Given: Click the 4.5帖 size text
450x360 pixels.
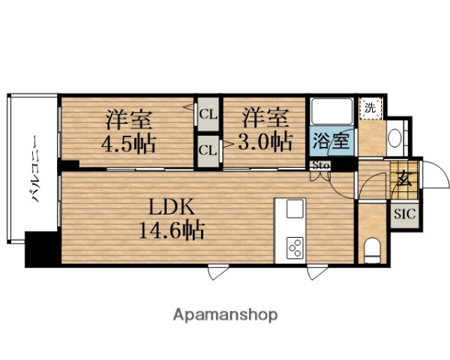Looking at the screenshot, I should coord(129,143).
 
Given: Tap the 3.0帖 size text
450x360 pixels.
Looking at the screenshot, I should coord(265,142).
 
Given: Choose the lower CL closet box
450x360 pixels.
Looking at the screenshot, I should coord(208,149).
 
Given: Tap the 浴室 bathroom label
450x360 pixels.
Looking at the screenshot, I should coord(330,141).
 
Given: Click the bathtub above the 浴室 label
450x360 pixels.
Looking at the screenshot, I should coord(330,112).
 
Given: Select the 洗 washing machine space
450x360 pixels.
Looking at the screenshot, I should coord(369,108).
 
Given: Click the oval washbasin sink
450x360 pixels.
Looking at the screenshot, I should coord(395,138).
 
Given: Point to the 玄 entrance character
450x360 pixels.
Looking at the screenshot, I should coord(403,180).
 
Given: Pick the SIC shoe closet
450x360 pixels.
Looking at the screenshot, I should coord(403,213).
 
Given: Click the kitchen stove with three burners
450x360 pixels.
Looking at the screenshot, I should coord(295,247).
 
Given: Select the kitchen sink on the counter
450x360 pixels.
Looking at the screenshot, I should coord(293,208).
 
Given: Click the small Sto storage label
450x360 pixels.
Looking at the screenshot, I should coord(321,166).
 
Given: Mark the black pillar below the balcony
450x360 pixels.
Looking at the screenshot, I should coord(42,248).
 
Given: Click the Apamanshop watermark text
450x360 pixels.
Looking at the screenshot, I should coord(224,314).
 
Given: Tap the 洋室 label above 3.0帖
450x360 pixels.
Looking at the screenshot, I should coord(264,117).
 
